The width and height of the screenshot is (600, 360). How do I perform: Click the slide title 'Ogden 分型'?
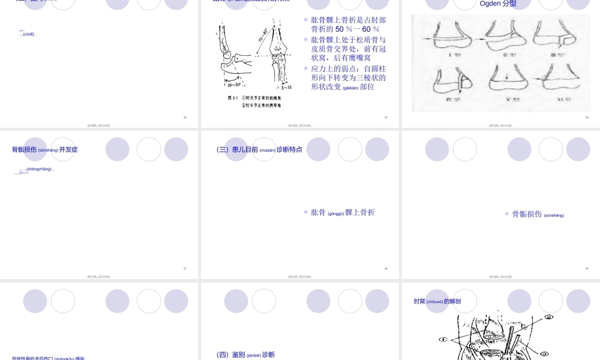[x=498, y=4]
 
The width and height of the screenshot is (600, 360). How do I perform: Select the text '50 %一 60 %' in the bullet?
[x=357, y=29]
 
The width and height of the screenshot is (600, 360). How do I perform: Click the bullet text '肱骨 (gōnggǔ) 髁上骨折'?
[x=343, y=212]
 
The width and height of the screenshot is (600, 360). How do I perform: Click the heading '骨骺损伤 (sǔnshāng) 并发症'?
[x=45, y=149]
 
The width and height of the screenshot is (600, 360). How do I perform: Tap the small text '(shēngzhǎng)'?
[x=39, y=169]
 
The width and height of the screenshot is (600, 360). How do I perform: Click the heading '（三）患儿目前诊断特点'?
[x=259, y=149]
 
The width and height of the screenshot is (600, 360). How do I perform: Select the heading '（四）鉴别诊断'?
[x=245, y=355]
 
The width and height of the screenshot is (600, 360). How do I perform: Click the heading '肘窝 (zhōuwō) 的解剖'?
[x=437, y=301]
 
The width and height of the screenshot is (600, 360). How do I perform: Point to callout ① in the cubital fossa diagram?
[x=443, y=340]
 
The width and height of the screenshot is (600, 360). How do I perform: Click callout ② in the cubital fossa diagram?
[x=548, y=317]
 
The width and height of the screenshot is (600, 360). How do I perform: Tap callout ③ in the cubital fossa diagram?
[x=544, y=353]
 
